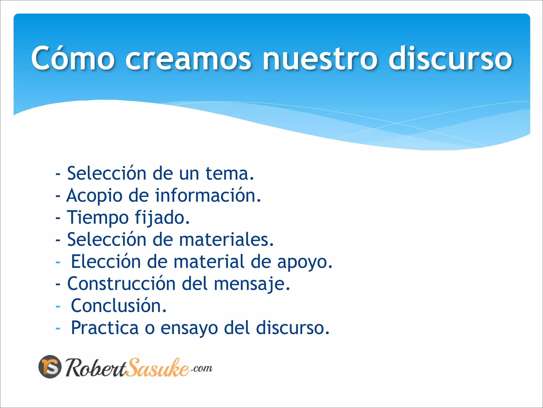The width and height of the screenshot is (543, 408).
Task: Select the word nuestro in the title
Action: pyautogui.click(x=319, y=58)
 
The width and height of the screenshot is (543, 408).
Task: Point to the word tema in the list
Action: pyautogui.click(x=230, y=173)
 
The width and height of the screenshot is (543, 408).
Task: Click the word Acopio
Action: pyautogui.click(x=94, y=196)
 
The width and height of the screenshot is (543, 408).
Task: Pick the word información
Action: pyautogui.click(x=208, y=195)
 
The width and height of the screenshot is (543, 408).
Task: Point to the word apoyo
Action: pyautogui.click(x=305, y=262)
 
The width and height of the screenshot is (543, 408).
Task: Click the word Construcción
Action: pyautogui.click(x=121, y=283)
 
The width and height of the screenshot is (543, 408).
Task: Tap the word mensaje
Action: pyautogui.click(x=252, y=284)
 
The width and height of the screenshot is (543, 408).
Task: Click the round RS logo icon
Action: pyautogui.click(x=50, y=367)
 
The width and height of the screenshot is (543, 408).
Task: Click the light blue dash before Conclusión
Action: pyautogui.click(x=58, y=307)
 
